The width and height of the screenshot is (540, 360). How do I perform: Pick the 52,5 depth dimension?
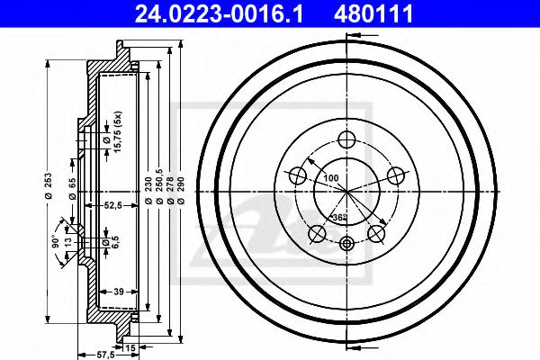pyautogui.click(x=113, y=206)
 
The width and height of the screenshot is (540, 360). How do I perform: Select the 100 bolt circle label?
pyautogui.click(x=332, y=179)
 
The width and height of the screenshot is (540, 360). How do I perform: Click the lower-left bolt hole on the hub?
pyautogui.click(x=317, y=234)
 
